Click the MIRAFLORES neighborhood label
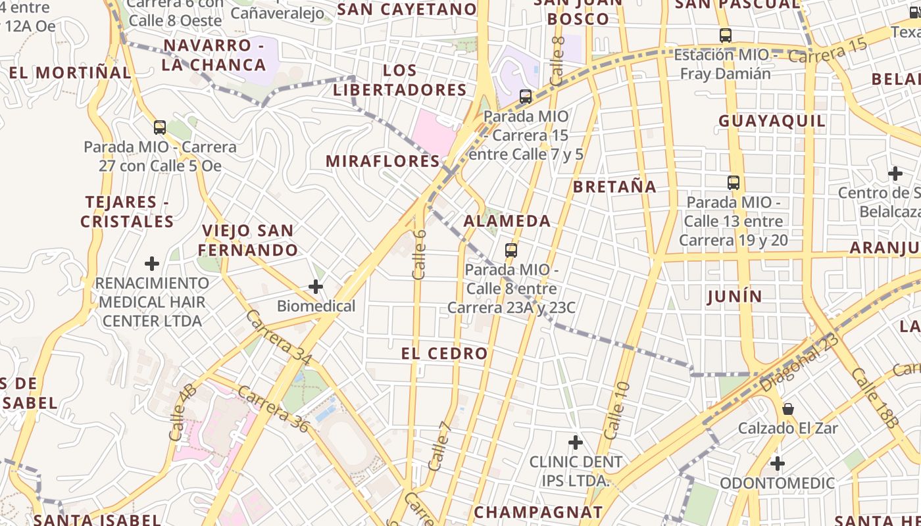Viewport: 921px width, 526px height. pyautogui.click(x=383, y=161)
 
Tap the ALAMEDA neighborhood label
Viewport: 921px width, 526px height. pyautogui.click(x=507, y=221)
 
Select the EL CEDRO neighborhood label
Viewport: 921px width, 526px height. pyautogui.click(x=445, y=354)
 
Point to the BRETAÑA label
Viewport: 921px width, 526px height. pyautogui.click(x=614, y=187)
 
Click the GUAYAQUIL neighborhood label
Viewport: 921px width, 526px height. pyautogui.click(x=772, y=121)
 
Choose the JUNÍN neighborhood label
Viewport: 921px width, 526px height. pyautogui.click(x=735, y=297)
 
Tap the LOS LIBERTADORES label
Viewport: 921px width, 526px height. pyautogui.click(x=400, y=80)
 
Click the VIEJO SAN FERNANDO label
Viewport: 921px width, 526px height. pyautogui.click(x=248, y=241)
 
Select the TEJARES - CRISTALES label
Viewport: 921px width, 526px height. pyautogui.click(x=127, y=212)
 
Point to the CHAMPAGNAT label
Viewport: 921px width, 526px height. pyautogui.click(x=538, y=512)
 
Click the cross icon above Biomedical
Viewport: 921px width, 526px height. pyautogui.click(x=316, y=287)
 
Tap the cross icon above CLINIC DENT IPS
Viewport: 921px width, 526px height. pyautogui.click(x=576, y=442)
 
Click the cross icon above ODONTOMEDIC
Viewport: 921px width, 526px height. pyautogui.click(x=778, y=464)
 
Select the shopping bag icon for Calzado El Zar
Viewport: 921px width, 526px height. pyautogui.click(x=787, y=409)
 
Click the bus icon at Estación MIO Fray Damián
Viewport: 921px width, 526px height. pyautogui.click(x=726, y=36)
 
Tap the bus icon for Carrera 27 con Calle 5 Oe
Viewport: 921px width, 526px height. pyautogui.click(x=160, y=128)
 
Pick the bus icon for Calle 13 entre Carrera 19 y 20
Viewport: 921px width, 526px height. pyautogui.click(x=734, y=183)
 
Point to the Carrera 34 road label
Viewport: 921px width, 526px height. pyautogui.click(x=279, y=338)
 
